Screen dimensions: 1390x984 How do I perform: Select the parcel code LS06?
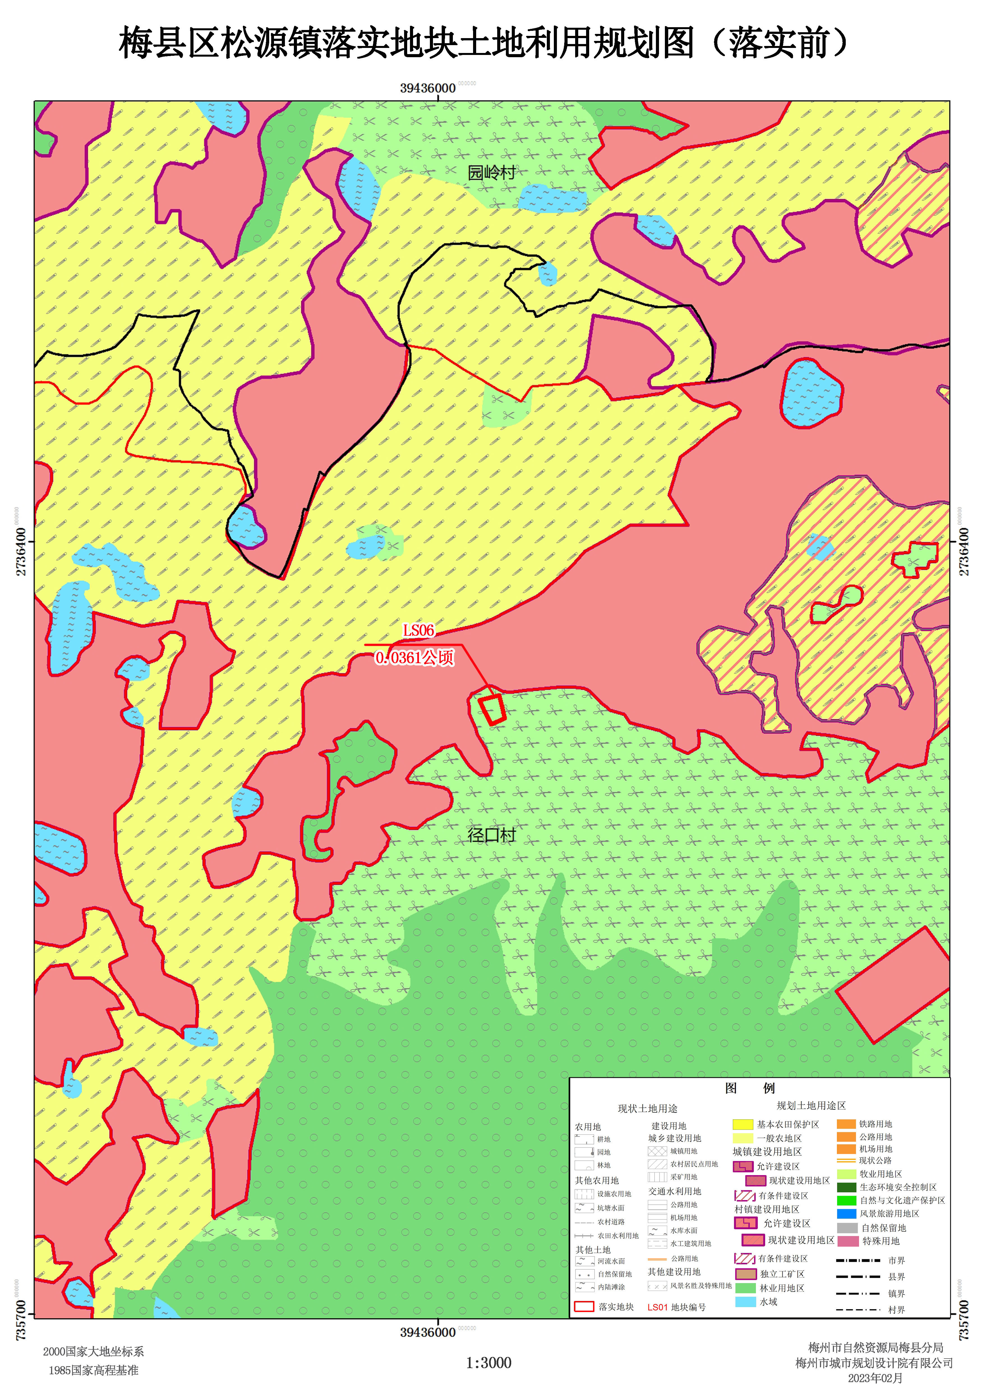pyautogui.click(x=419, y=630)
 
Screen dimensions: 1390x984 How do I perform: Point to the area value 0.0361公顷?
pyautogui.click(x=414, y=658)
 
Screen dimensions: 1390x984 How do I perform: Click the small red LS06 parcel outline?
pyautogui.click(x=492, y=709)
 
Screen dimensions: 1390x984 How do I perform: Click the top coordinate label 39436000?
pyautogui.click(x=428, y=88)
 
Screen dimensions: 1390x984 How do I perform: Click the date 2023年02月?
pyautogui.click(x=875, y=1379)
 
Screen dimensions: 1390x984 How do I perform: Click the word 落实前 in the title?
pyautogui.click(x=779, y=44)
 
